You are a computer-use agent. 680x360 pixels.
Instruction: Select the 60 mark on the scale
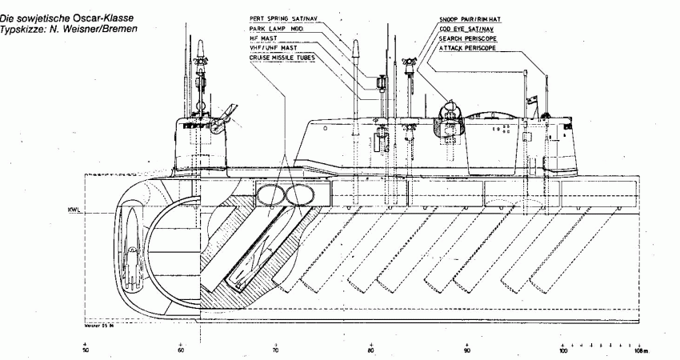pos(182,350)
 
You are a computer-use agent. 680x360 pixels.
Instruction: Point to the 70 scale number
pos(277,350)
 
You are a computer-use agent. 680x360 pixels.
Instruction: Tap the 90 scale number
pos(467,350)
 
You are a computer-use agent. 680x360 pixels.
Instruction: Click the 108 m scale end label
pos(642,350)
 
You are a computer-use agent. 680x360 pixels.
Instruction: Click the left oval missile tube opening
pos(271,194)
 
